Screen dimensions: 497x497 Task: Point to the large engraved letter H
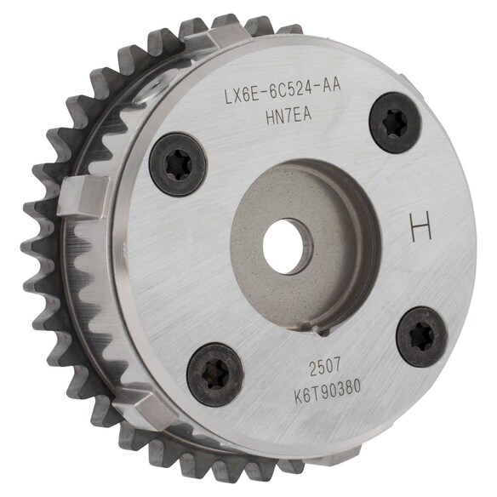pos(420,227)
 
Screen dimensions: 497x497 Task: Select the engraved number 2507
pos(325,368)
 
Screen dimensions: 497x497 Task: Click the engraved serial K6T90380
pos(328,391)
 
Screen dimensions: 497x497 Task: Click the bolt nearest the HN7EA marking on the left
pos(178,164)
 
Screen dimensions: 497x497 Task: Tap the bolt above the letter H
pos(395,123)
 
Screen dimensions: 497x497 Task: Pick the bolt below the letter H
pos(422,337)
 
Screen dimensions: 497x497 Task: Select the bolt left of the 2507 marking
pos(215,374)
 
